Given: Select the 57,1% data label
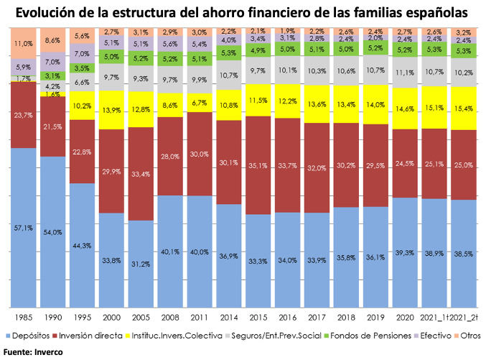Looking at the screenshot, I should point(24,229).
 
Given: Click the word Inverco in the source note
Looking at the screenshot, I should point(48,351).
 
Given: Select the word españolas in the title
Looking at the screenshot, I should point(439,13).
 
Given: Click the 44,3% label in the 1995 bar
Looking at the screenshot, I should point(83,246).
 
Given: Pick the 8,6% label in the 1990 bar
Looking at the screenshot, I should point(53,41).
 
